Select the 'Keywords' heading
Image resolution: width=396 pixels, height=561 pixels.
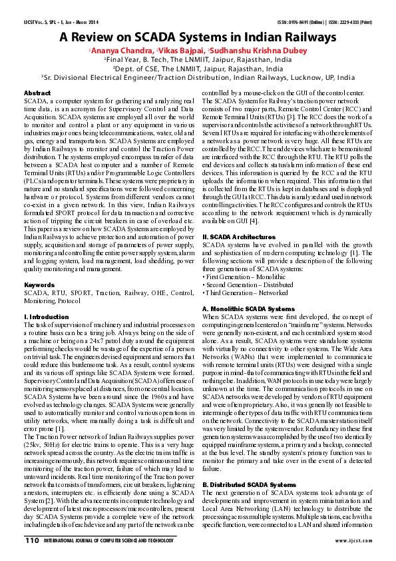point(39,285)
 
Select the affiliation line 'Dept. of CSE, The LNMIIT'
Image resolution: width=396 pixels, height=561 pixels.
point(198,67)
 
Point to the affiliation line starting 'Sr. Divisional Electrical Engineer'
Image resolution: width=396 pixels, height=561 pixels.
point(198,76)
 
